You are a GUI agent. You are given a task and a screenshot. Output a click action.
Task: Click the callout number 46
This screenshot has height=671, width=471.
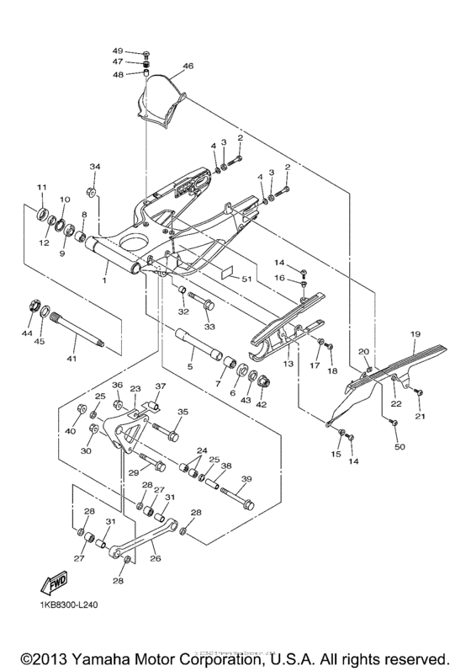tap(188, 66)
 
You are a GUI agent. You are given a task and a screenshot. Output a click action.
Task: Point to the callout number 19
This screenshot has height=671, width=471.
tap(415, 334)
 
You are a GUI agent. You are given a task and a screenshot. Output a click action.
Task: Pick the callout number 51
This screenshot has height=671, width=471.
tap(246, 278)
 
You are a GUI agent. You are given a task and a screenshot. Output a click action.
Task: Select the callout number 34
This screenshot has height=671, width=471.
tap(95, 167)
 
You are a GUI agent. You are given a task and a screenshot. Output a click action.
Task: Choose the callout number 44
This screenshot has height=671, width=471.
tap(27, 334)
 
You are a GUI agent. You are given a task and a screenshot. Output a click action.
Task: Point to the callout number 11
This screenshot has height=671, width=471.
tap(40, 186)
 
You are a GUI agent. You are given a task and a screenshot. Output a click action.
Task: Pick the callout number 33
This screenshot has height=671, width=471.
tap(209, 327)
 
